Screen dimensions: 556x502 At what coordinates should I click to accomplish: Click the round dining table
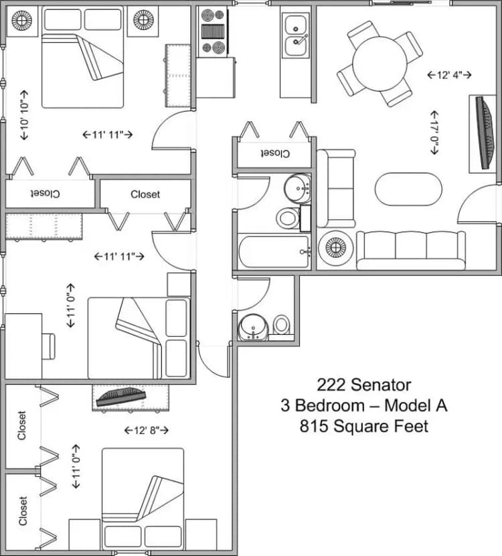380,63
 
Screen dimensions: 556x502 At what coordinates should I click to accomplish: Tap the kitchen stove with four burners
215,31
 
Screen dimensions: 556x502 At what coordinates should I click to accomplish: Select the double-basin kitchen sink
295,35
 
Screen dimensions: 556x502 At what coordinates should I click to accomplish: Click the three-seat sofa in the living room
410,250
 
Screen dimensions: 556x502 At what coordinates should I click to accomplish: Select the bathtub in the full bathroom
273,251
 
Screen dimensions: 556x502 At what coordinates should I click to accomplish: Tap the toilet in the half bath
282,325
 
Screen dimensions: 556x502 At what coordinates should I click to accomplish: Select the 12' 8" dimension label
146,430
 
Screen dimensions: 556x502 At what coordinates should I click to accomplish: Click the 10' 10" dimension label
25,115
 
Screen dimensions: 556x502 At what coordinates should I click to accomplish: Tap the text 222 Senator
363,385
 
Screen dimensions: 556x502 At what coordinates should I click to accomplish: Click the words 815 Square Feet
363,426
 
